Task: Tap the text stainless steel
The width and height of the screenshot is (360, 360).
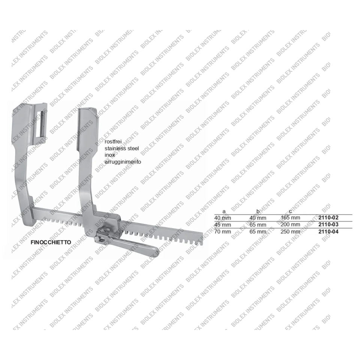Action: [122, 149]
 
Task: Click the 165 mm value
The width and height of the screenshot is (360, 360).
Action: [290, 217]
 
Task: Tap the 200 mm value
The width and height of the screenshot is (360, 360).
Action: [290, 224]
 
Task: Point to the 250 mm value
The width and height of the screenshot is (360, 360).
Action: [290, 231]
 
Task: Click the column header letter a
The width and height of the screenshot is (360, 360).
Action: [224, 211]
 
